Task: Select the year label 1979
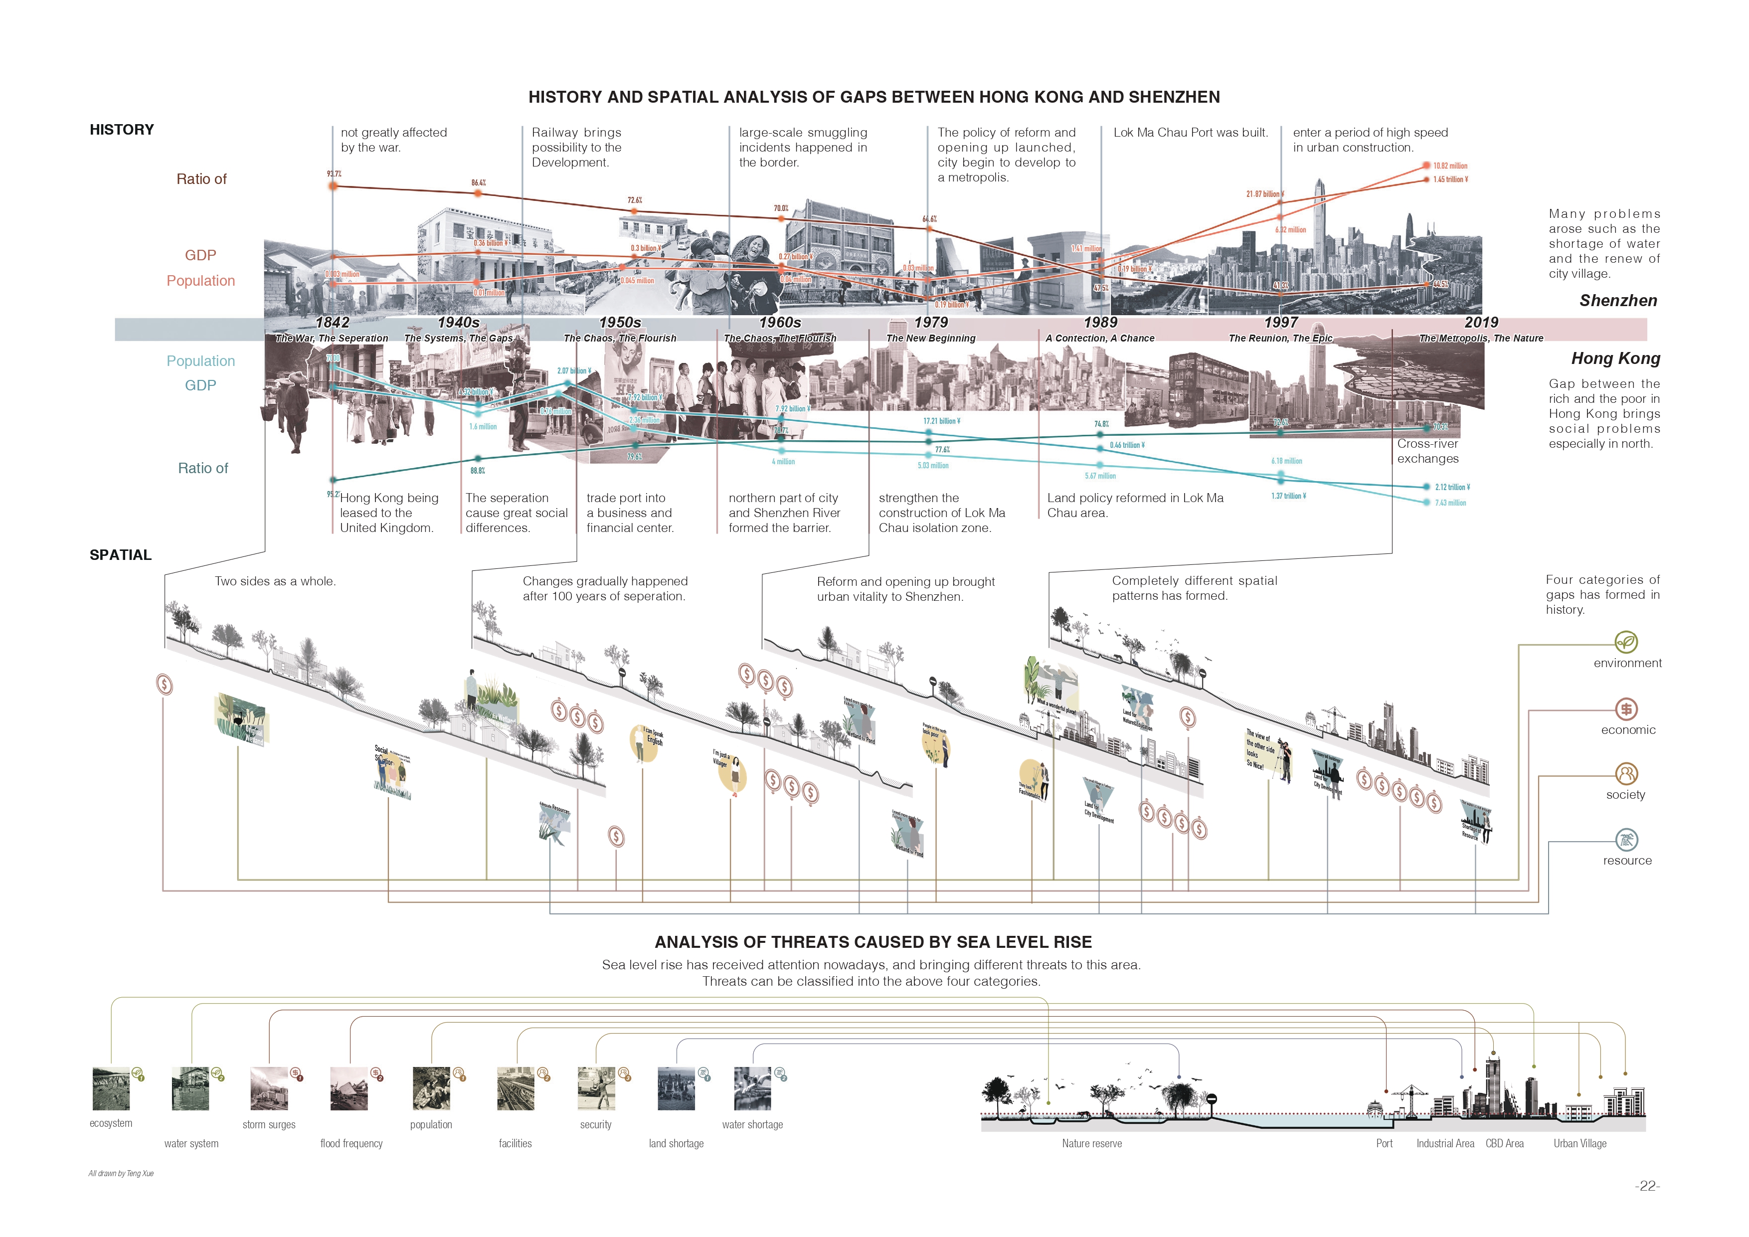point(931,322)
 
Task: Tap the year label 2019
point(1481,322)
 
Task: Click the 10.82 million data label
point(1450,166)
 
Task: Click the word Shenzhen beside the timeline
point(1618,301)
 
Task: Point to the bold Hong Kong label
point(1615,359)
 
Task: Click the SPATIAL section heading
point(120,555)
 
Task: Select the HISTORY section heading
point(122,130)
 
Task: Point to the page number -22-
point(1647,1186)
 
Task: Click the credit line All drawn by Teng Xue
point(121,1173)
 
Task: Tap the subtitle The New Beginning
point(931,338)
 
